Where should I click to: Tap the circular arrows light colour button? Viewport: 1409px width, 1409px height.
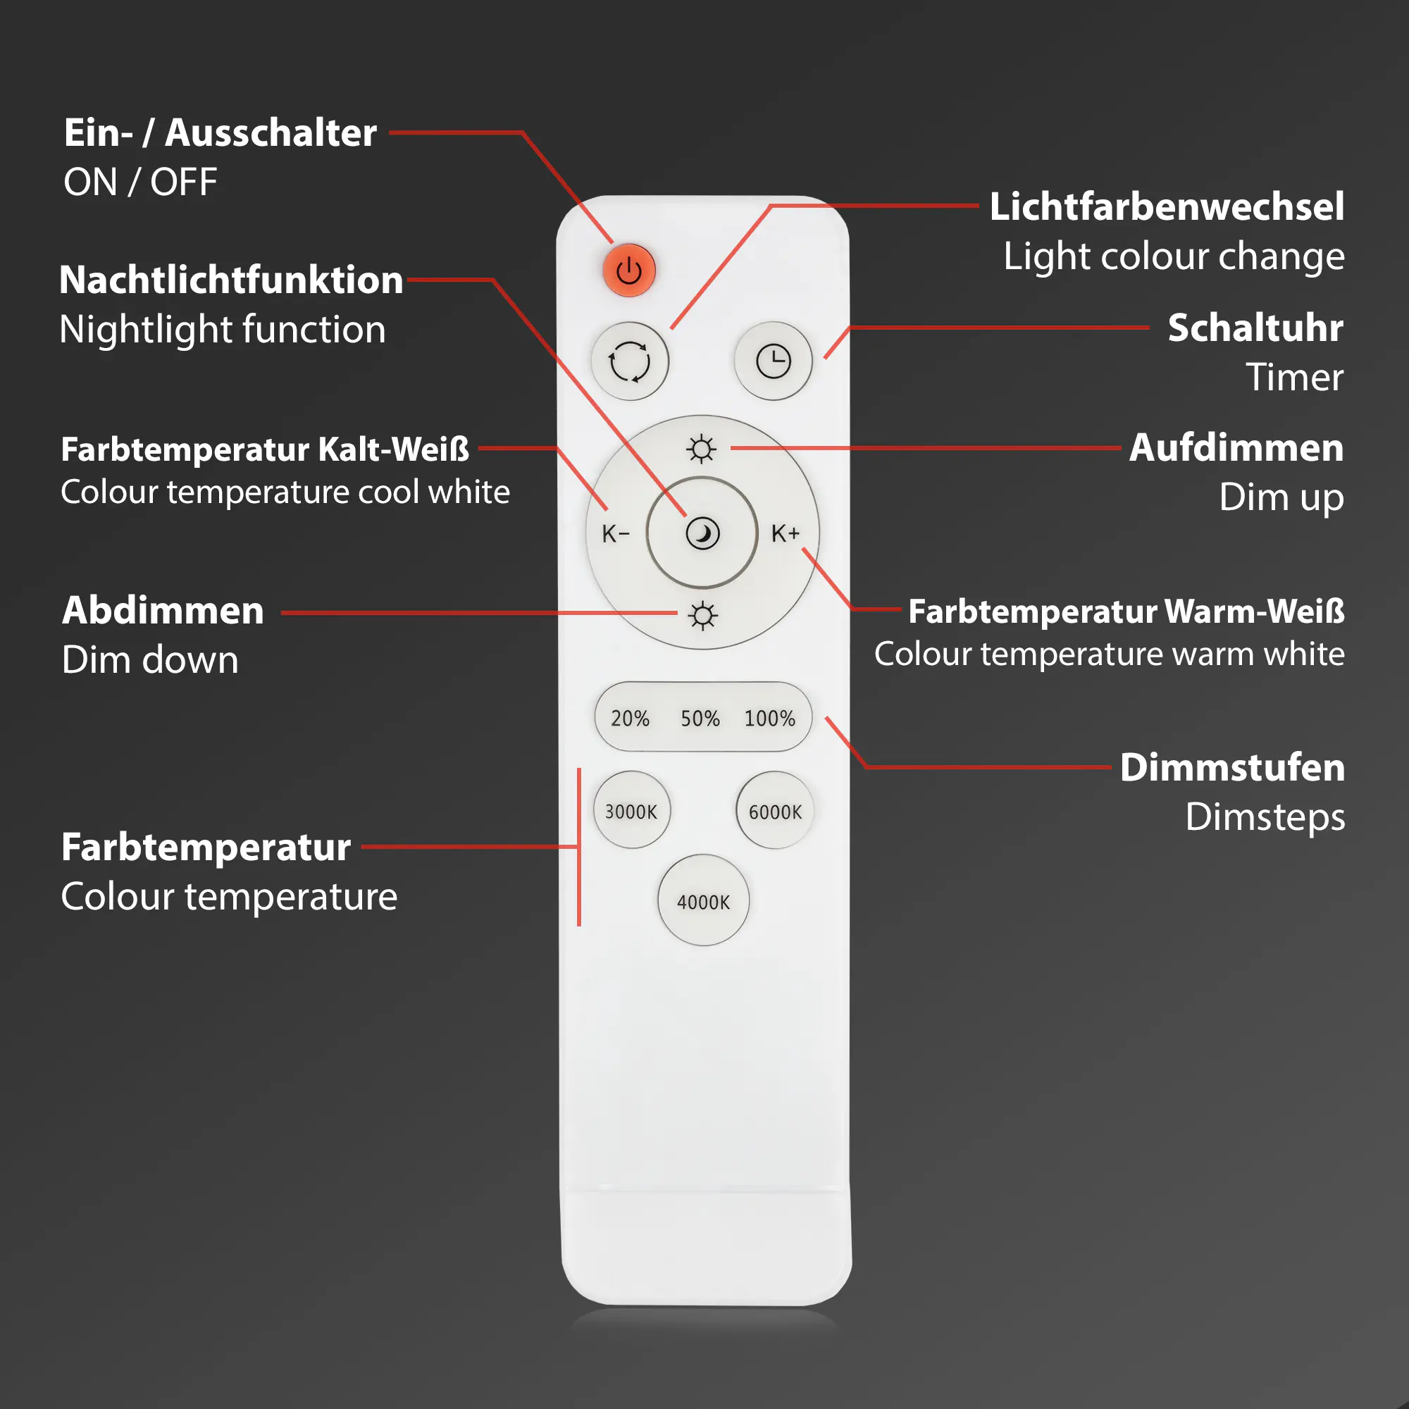tap(629, 361)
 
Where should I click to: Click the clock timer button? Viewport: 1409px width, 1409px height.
tap(773, 361)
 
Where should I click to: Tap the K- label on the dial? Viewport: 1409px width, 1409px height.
tap(616, 534)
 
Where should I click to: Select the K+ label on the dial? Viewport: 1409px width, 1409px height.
tap(786, 533)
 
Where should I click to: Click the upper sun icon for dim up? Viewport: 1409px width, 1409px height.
tap(702, 449)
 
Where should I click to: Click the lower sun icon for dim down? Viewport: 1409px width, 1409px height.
tap(702, 616)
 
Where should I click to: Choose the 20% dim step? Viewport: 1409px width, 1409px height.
tap(630, 719)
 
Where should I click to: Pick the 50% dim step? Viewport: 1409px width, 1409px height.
tap(700, 719)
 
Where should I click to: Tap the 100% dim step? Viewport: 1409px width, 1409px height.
tap(769, 719)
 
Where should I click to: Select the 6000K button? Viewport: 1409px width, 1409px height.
tap(774, 812)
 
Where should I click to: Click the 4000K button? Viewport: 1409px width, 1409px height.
tap(703, 902)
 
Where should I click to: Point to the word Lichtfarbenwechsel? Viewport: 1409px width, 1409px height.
tap(1167, 206)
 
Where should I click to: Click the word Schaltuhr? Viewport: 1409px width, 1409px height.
tap(1255, 328)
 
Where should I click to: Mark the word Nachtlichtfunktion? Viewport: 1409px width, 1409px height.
tap(231, 280)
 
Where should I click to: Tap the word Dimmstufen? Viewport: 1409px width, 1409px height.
tap(1232, 767)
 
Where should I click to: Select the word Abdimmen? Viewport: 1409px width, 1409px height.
tap(163, 610)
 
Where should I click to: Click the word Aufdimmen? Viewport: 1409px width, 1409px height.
tap(1236, 448)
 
